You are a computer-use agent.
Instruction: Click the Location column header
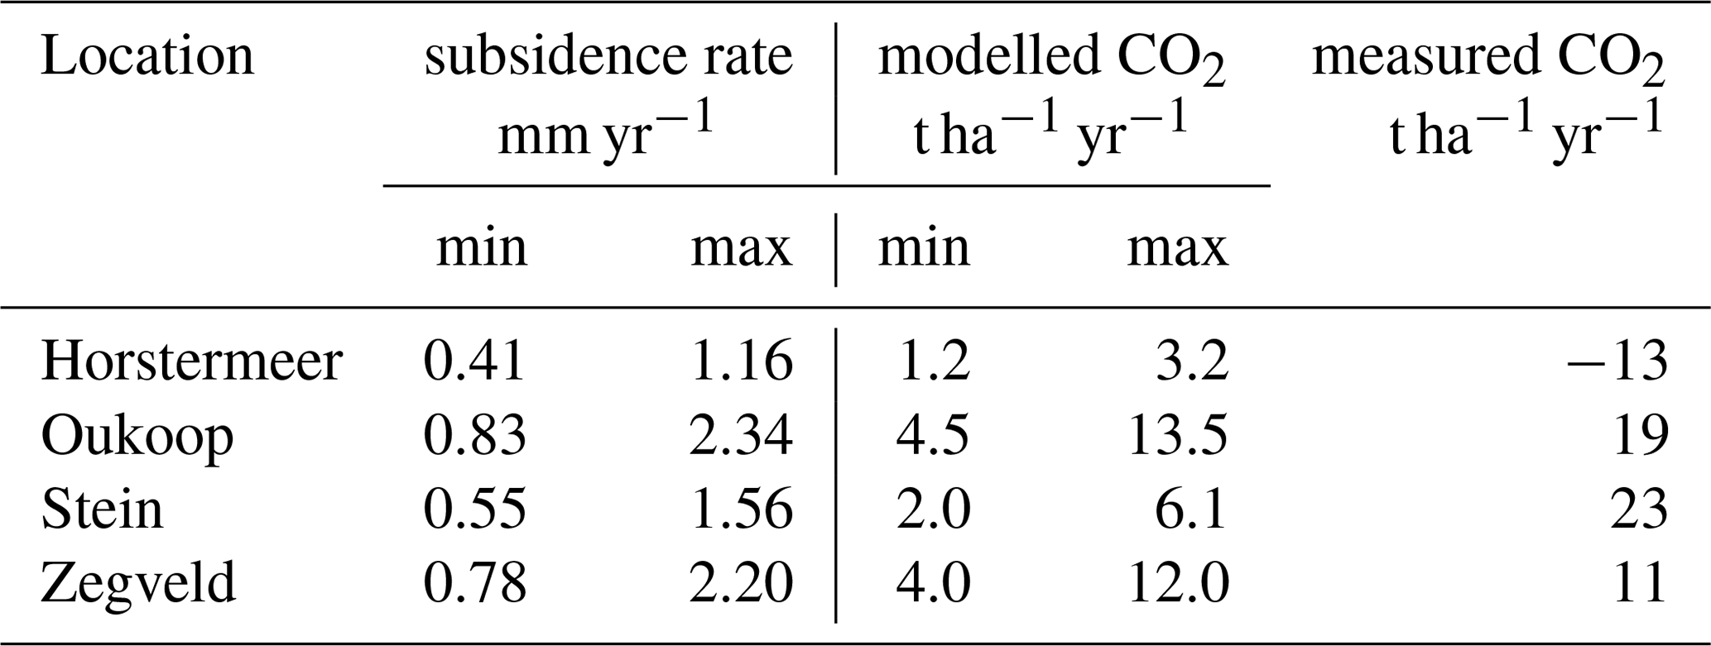pyautogui.click(x=147, y=56)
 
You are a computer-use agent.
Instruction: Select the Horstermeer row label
pyautogui.click(x=191, y=361)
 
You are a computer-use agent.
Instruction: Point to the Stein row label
pyautogui.click(x=102, y=509)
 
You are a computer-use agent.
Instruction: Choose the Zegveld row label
pyautogui.click(x=138, y=581)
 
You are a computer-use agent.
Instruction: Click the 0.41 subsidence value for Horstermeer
pyautogui.click(x=474, y=361)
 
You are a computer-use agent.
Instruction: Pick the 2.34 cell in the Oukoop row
pyautogui.click(x=741, y=435)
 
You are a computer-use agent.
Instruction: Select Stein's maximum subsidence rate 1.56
pyautogui.click(x=741, y=509)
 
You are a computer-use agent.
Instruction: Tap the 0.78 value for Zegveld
pyautogui.click(x=474, y=581)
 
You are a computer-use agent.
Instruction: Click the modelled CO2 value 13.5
pyautogui.click(x=1177, y=435)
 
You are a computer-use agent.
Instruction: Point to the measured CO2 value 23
pyautogui.click(x=1639, y=509)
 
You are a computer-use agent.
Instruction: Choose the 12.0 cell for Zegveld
pyautogui.click(x=1177, y=581)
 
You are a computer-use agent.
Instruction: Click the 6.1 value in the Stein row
pyautogui.click(x=1191, y=509)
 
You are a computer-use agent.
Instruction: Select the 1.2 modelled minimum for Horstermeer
pyautogui.click(x=933, y=361)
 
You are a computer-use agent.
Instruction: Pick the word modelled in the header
pyautogui.click(x=988, y=56)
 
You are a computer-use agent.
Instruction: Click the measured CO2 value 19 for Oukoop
pyautogui.click(x=1639, y=435)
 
